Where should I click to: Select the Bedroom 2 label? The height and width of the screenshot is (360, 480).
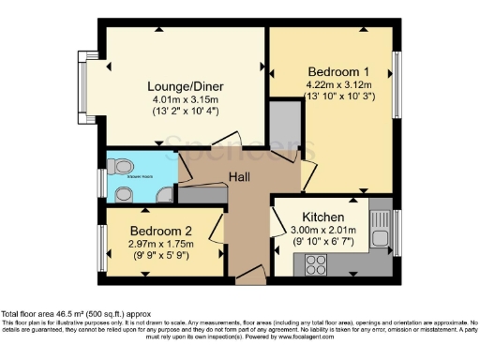click(160, 230)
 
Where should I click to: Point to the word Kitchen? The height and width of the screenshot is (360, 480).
click(322, 215)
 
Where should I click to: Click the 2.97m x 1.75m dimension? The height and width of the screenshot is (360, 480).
click(160, 243)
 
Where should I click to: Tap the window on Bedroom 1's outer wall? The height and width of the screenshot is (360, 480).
click(397, 84)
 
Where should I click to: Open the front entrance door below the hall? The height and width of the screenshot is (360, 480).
click(249, 276)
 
